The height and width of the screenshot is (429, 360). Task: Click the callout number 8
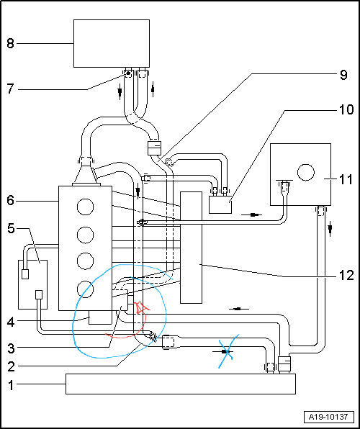pyautogui.click(x=10, y=43)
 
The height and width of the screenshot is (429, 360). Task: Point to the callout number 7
pyautogui.click(x=10, y=89)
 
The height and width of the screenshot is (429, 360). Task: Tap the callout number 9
pyautogui.click(x=343, y=74)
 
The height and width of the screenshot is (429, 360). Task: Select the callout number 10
pyautogui.click(x=346, y=110)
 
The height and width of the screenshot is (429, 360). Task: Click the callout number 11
pyautogui.click(x=346, y=180)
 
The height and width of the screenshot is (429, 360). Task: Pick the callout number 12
pyautogui.click(x=346, y=276)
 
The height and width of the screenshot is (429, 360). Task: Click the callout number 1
pyautogui.click(x=10, y=386)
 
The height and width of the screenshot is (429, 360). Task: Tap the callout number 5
pyautogui.click(x=10, y=229)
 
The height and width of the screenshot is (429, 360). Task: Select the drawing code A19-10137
pyautogui.click(x=328, y=417)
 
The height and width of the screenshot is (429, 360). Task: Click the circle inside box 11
pyautogui.click(x=306, y=172)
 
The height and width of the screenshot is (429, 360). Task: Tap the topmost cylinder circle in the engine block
pyautogui.click(x=85, y=207)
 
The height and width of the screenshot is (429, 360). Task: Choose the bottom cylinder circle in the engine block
pyautogui.click(x=85, y=289)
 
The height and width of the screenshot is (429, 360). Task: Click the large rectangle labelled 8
pyautogui.click(x=112, y=43)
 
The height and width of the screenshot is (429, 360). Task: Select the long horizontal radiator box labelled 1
pyautogui.click(x=181, y=384)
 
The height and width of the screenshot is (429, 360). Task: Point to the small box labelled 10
pyautogui.click(x=220, y=204)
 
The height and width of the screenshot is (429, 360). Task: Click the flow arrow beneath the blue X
pyautogui.click(x=223, y=351)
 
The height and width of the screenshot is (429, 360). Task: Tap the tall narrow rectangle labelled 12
pyautogui.click(x=191, y=248)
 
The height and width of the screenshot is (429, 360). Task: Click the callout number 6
pyautogui.click(x=10, y=201)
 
